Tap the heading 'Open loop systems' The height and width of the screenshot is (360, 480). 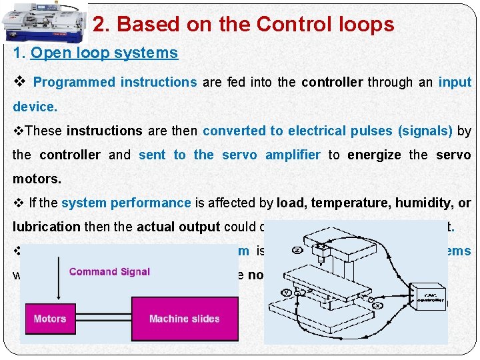coord(105,53)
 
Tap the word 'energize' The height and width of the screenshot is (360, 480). coord(373,155)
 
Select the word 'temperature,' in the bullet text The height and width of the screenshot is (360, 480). coord(344,203)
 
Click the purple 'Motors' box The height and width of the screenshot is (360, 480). coord(50,319)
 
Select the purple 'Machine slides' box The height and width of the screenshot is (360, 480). coord(185,319)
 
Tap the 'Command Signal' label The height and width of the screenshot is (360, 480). coord(109,271)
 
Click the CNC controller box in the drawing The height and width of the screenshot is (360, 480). coord(426,298)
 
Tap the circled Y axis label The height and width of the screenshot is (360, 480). coord(287,291)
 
